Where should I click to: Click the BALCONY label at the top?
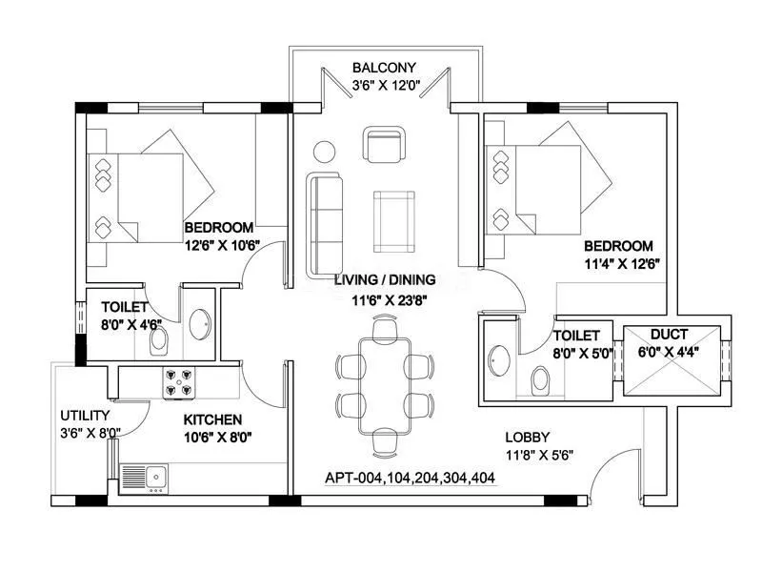[384, 68]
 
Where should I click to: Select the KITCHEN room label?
[212, 419]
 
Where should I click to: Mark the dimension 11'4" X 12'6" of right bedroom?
[622, 263]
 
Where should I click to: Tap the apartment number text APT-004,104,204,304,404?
[410, 479]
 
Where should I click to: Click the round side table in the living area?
[325, 151]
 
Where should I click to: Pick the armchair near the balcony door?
[384, 146]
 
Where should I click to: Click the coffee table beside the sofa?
[393, 221]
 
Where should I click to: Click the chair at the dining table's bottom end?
[384, 440]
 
